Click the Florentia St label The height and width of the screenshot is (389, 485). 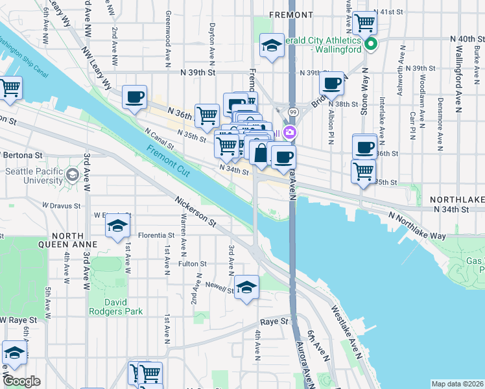tap(156, 235)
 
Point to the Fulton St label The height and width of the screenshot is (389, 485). tap(193, 264)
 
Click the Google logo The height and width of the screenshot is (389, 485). tap(21, 381)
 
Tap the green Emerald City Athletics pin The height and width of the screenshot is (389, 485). tap(371, 45)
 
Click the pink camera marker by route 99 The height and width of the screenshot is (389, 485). tap(290, 134)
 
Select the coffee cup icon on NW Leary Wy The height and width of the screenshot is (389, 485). tap(134, 97)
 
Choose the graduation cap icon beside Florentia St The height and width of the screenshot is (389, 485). tap(117, 225)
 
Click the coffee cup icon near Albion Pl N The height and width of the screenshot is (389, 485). tap(331, 83)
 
